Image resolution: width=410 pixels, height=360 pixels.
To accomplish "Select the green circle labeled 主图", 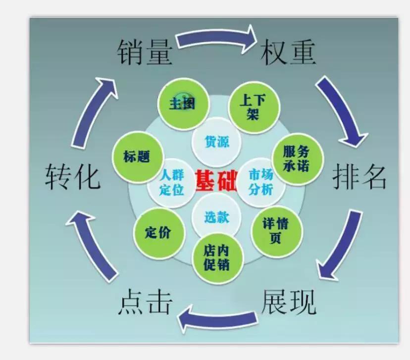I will pos(181,103).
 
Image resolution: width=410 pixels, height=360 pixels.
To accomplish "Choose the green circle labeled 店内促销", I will pos(216,257).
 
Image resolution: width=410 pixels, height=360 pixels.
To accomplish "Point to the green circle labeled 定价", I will pos(158,232).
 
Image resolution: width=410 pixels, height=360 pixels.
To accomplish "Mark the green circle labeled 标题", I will pos(137,157).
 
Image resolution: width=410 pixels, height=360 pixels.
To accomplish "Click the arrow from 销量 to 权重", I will pos(216,41).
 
